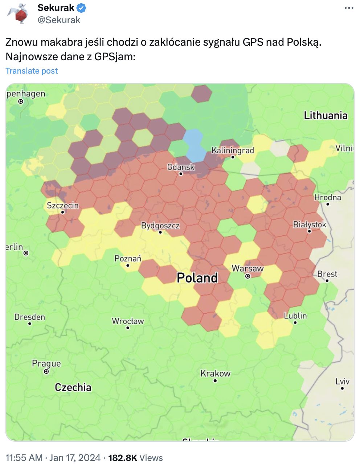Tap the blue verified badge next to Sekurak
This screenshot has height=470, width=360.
coord(82,8)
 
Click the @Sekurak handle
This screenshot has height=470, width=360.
coord(59,20)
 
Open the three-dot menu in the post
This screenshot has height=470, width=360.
coord(349,8)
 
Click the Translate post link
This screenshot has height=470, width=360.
coord(32,71)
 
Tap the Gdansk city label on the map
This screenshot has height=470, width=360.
coord(181,167)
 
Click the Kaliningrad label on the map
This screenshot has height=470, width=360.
coord(233,150)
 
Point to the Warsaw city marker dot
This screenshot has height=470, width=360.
coord(247,276)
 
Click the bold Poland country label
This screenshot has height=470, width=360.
coord(197,278)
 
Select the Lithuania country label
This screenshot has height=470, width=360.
coord(326,115)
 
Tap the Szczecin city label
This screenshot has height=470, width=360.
coord(63,206)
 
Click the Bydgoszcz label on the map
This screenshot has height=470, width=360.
coord(160,226)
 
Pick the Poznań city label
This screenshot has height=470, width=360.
coord(128,259)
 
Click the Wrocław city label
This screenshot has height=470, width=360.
coord(128,321)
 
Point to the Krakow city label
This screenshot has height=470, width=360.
coord(215,373)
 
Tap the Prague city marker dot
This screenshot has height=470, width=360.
coord(46,372)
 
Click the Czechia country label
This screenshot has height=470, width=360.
coord(73,387)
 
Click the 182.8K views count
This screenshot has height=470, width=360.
coord(122,458)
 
